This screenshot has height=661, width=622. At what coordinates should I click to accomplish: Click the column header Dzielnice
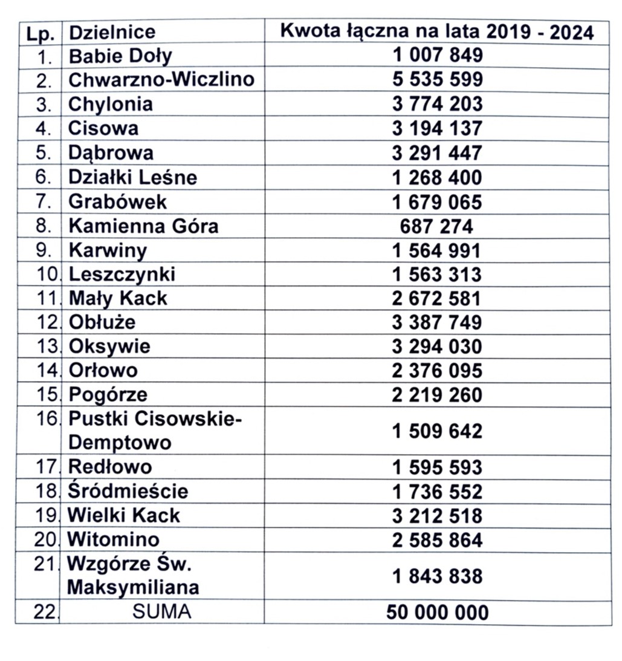point(112,31)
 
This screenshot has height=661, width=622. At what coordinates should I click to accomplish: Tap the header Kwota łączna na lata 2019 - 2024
point(437,31)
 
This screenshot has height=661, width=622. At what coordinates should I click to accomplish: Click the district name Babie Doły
point(120,56)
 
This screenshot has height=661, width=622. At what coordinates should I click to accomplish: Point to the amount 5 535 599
point(437,79)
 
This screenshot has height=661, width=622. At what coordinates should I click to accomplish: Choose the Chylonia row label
point(111,104)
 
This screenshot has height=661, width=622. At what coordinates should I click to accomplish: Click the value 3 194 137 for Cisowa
point(437,128)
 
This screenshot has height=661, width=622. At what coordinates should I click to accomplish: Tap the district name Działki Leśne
point(133,177)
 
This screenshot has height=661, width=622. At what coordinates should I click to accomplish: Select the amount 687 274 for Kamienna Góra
point(437,226)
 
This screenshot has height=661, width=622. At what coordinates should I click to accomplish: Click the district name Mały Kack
point(118,298)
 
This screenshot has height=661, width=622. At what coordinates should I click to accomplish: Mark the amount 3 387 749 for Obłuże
point(437,322)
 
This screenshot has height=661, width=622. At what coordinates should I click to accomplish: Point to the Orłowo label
point(103,370)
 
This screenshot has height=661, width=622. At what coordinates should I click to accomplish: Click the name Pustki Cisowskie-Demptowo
point(154,430)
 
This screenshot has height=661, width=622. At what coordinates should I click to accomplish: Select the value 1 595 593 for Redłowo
point(437,467)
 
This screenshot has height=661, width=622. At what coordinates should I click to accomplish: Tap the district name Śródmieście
point(128,491)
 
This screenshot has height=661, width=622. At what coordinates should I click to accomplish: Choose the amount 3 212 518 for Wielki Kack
point(437,516)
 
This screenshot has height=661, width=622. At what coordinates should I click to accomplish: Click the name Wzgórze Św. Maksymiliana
point(133,575)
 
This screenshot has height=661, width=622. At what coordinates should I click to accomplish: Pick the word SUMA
point(161,612)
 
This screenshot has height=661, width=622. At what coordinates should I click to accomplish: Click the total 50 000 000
point(437,613)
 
